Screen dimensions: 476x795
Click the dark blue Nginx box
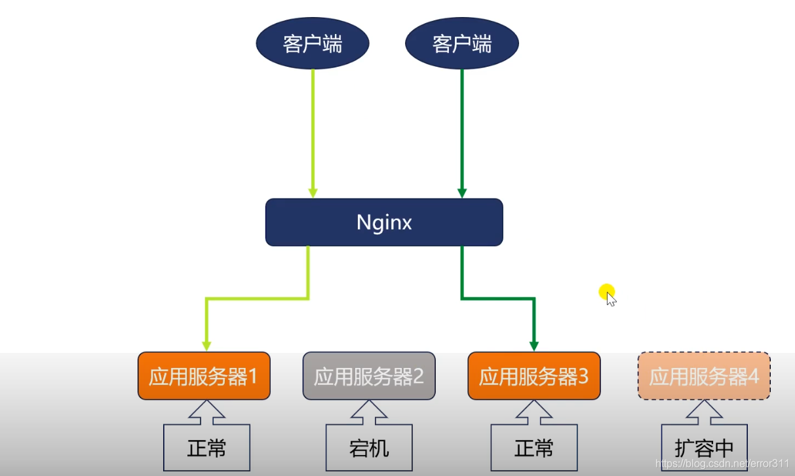[383, 223]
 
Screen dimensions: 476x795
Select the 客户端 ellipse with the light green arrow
[313, 44]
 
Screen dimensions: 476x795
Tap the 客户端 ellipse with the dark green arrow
[462, 44]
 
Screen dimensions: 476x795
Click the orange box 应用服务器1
[204, 376]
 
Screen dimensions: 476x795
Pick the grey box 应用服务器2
[369, 376]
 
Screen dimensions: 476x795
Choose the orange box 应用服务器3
[533, 376]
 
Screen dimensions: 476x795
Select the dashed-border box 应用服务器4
[704, 376]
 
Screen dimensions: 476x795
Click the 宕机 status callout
[369, 449]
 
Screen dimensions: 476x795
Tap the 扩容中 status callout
[704, 449]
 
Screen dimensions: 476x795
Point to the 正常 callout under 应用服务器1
[206, 449]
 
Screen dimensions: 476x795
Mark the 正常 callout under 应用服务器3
[534, 449]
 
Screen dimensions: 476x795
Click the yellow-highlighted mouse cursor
[610, 297]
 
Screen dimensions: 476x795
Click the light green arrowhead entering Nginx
[313, 193]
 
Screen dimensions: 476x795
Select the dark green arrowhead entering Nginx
[462, 193]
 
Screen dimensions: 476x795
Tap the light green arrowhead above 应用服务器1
[206, 346]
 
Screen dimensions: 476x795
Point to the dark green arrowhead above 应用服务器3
[534, 346]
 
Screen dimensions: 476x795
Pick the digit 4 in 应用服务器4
[754, 376]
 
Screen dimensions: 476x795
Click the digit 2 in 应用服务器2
[418, 376]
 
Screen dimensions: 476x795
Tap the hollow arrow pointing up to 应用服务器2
[369, 411]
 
